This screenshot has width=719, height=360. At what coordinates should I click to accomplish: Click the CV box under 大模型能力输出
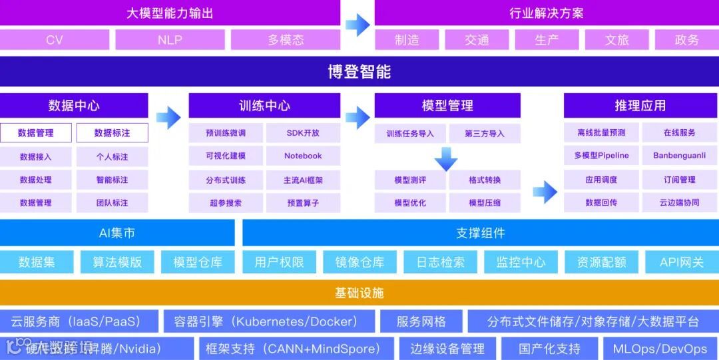(55, 40)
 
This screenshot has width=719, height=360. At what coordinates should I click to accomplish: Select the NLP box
(170, 40)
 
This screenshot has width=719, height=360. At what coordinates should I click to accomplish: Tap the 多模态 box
(286, 40)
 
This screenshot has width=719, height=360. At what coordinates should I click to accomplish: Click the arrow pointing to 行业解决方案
(358, 25)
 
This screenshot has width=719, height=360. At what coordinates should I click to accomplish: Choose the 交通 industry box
(477, 40)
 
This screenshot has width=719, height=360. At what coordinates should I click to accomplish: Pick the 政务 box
(686, 40)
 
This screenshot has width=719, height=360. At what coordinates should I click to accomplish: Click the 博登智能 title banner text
(359, 72)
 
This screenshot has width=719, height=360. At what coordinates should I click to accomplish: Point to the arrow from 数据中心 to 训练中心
(168, 118)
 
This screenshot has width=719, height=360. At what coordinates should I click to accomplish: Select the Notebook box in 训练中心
(303, 156)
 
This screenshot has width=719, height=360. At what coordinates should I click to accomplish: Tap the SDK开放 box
(303, 133)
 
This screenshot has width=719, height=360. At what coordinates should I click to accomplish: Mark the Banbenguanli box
(679, 156)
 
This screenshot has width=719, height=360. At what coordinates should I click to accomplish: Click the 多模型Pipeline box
(601, 156)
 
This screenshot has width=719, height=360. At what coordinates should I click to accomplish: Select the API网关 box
(681, 262)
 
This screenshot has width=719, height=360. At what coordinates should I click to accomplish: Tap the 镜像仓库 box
(359, 262)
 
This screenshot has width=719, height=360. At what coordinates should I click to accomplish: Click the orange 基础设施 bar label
(359, 293)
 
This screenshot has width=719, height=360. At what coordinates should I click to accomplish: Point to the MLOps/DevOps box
(660, 348)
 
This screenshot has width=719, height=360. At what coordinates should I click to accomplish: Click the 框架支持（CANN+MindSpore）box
(292, 348)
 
